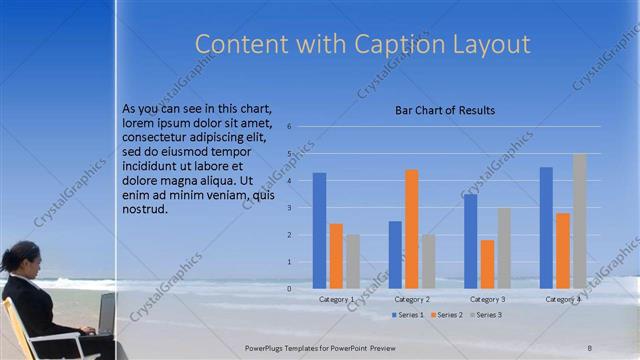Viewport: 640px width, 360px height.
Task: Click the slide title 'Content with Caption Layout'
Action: [362, 44]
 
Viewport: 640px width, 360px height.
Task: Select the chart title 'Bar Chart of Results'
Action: [445, 110]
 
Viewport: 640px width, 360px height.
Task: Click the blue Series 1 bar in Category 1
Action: [319, 230]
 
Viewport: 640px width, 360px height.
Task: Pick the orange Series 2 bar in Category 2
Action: [411, 229]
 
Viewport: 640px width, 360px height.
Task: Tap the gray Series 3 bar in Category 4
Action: [579, 221]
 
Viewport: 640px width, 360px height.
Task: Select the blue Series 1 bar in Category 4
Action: [546, 228]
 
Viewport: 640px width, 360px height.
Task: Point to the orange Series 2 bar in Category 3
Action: [487, 264]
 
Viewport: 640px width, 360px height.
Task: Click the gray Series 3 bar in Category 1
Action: [353, 261]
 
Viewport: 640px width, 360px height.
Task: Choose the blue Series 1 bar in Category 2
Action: [395, 254]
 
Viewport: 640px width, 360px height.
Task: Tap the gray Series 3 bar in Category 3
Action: [504, 248]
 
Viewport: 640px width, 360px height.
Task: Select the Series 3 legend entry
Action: [485, 315]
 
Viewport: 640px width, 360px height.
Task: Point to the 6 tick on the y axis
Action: [288, 127]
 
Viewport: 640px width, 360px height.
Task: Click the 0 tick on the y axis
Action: [288, 289]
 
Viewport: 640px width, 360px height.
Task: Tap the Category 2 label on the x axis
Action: [412, 299]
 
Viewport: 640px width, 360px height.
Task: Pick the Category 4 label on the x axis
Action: [562, 299]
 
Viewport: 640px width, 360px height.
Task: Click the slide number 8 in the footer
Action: [589, 347]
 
